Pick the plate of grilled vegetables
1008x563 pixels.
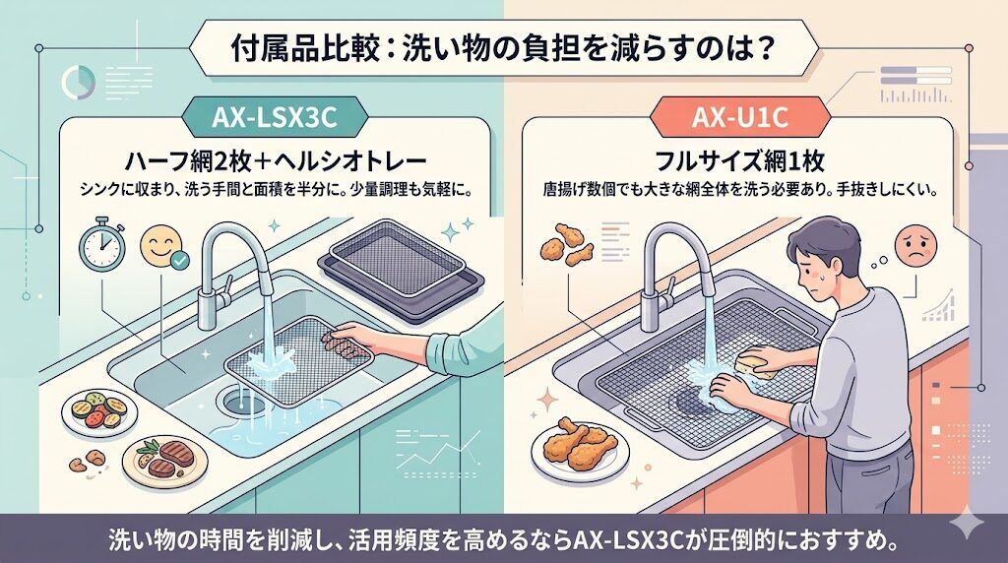pyautogui.click(x=96, y=410)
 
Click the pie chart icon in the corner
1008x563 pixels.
pyautogui.click(x=74, y=81)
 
